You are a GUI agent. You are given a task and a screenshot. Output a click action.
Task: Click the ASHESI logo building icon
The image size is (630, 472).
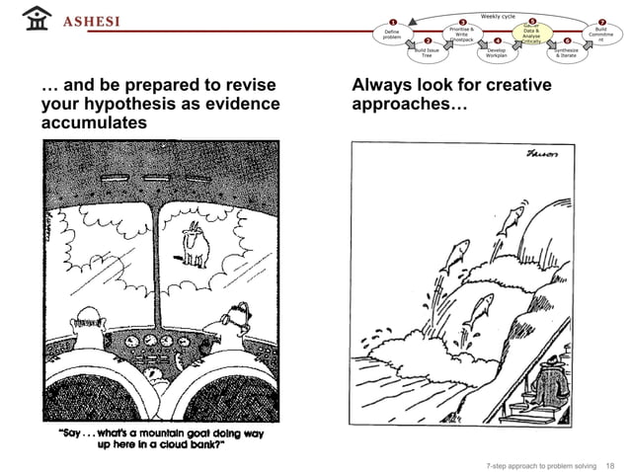click(38, 20)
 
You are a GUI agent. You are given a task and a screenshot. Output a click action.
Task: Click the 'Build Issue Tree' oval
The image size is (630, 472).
click(428, 53)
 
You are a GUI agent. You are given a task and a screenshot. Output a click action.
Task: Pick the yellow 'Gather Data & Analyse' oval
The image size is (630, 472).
click(531, 34)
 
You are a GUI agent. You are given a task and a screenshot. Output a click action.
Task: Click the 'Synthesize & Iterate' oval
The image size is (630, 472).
click(568, 53)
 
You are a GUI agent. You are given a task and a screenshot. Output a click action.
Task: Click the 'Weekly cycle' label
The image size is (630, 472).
click(498, 16)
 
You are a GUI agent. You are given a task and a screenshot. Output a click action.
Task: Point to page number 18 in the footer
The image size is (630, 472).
click(609, 464)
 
